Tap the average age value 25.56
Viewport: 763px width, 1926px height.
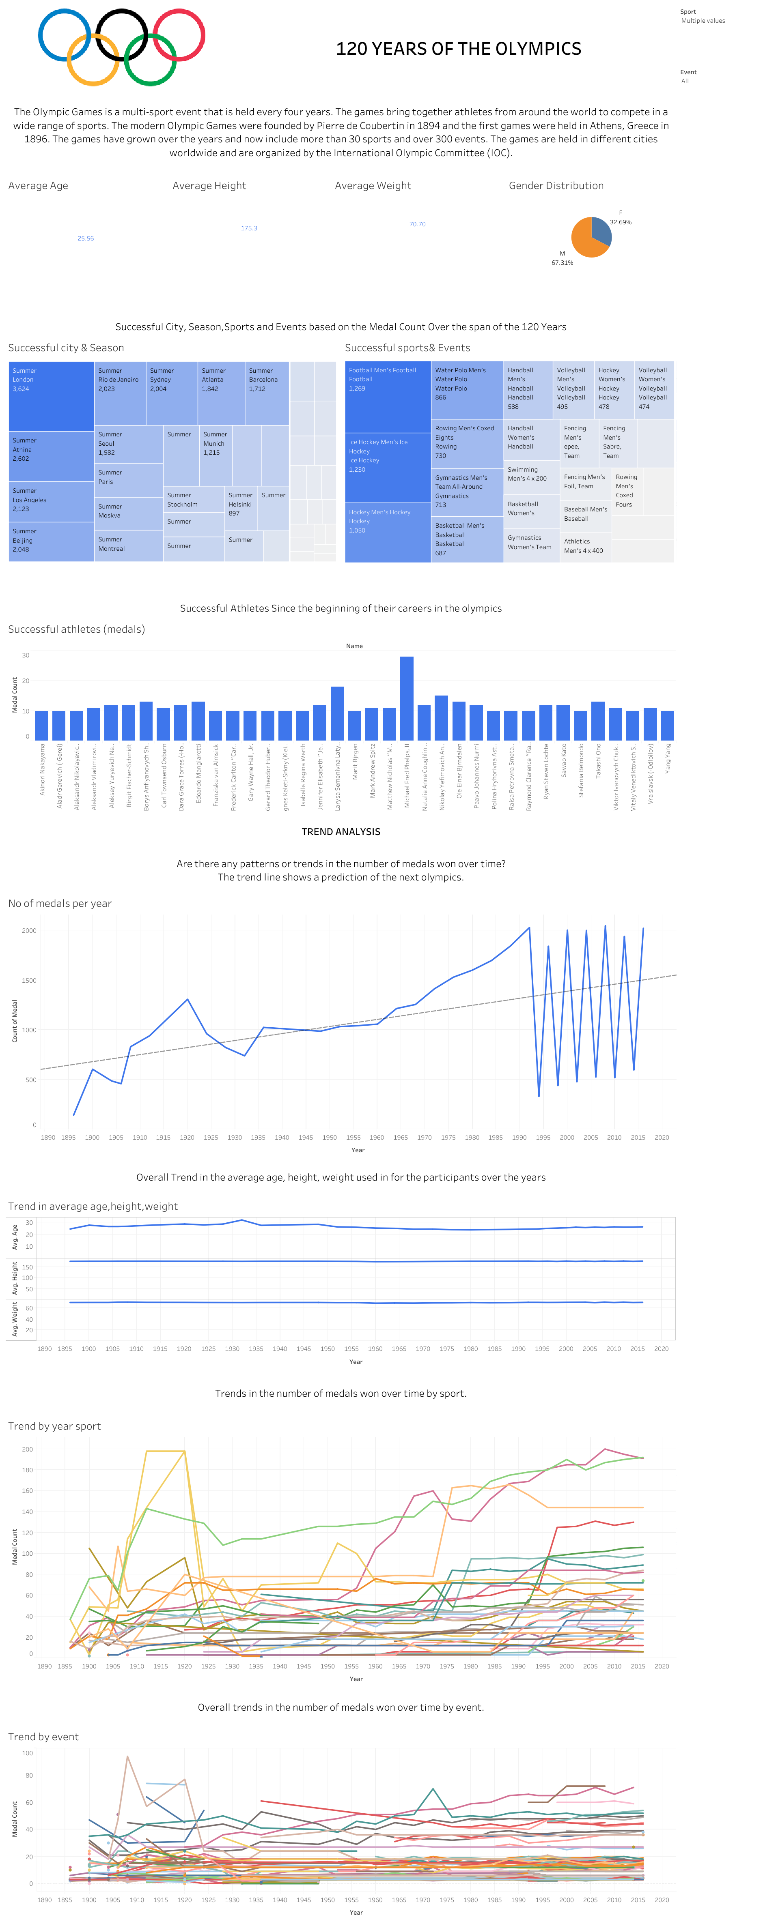point(85,238)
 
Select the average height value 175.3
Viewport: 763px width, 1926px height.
point(249,228)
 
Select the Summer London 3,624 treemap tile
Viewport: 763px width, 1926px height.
point(51,396)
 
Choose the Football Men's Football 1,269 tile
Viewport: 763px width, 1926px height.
point(388,396)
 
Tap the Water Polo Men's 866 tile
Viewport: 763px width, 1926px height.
point(467,389)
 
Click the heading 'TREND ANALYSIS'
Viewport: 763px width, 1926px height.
point(341,831)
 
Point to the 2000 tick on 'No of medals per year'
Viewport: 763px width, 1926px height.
point(29,931)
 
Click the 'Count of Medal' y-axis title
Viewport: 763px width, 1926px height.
point(14,1020)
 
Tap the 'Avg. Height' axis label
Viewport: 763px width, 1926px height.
point(14,1278)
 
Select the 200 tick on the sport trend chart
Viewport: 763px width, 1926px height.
point(28,1449)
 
